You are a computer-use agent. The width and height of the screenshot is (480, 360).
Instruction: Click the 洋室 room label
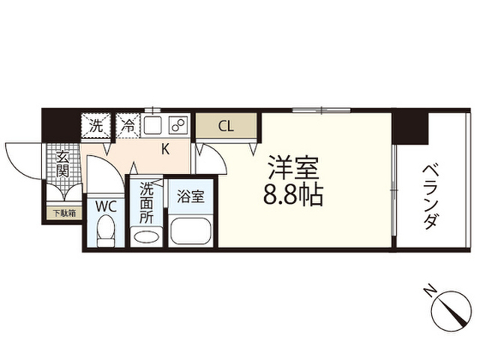coord(293,168)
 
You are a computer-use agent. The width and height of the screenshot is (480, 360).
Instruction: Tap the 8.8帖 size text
coord(293,195)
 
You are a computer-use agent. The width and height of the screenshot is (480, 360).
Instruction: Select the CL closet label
coord(226,126)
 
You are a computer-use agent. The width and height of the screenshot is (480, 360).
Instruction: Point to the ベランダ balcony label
coord(432,197)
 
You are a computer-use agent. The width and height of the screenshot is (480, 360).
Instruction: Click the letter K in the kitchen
coord(165,149)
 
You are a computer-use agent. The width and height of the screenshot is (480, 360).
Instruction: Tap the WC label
coord(106,207)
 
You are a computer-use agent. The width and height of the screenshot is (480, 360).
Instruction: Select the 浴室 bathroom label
coord(190,196)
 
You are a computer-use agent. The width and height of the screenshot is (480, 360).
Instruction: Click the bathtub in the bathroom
coord(190,231)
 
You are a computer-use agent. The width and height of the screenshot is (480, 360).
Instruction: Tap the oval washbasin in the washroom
coord(146,237)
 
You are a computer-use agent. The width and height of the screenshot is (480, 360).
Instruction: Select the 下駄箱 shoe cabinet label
coord(64,213)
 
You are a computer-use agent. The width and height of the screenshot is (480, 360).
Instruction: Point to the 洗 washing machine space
coord(96,126)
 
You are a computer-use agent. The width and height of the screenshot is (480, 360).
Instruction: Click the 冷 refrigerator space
coord(128,126)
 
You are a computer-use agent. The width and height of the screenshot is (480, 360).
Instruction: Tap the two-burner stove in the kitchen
coord(178,125)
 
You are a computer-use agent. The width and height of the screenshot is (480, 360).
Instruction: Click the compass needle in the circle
coord(452,309)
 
